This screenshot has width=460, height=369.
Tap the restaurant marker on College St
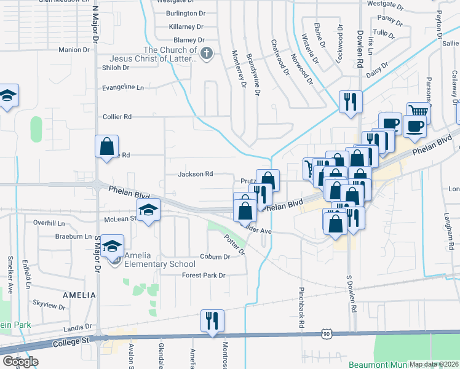click(212, 320)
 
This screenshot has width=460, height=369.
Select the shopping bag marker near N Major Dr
click(106, 146)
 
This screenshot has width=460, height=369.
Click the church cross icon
click(207, 54)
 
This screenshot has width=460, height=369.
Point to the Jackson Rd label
click(195, 174)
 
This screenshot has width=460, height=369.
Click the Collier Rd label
click(117, 116)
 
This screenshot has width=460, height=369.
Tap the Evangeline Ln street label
click(123, 87)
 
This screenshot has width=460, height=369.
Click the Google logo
click(20, 362)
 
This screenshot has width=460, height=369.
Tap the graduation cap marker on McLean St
click(148, 210)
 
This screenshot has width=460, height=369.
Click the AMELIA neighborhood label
click(78, 295)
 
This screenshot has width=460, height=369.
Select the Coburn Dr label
click(215, 256)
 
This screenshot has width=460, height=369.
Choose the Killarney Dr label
click(186, 26)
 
